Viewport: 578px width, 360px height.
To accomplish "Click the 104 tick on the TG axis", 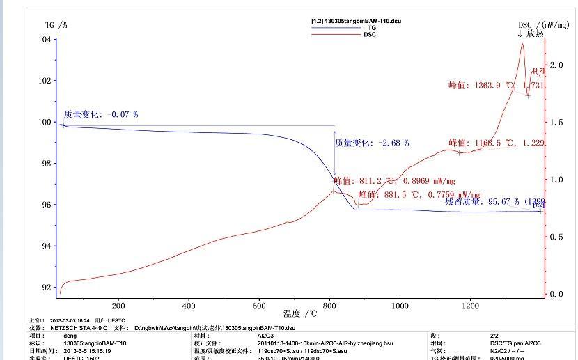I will click(x=45, y=40).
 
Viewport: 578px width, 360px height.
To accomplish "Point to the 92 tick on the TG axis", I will click(x=45, y=288).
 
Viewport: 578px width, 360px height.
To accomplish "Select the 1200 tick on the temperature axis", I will click(x=471, y=306).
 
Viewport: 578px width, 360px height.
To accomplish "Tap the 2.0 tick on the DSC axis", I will click(x=556, y=65).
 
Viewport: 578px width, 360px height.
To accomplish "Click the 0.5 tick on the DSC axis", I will click(x=556, y=237).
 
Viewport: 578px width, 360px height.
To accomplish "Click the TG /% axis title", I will click(x=56, y=25).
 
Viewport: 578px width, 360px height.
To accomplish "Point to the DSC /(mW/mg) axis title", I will click(x=546, y=25).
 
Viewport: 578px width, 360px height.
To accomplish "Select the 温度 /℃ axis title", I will click(x=297, y=313).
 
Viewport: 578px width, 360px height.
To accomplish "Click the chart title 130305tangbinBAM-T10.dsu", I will click(x=356, y=21).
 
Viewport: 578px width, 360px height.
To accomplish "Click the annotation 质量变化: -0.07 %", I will click(x=101, y=114).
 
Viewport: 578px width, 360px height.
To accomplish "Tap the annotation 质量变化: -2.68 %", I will click(x=372, y=143).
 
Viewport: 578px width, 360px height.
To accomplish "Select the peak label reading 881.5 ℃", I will click(x=419, y=195).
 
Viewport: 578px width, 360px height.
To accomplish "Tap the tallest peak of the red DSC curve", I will click(x=522, y=44).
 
